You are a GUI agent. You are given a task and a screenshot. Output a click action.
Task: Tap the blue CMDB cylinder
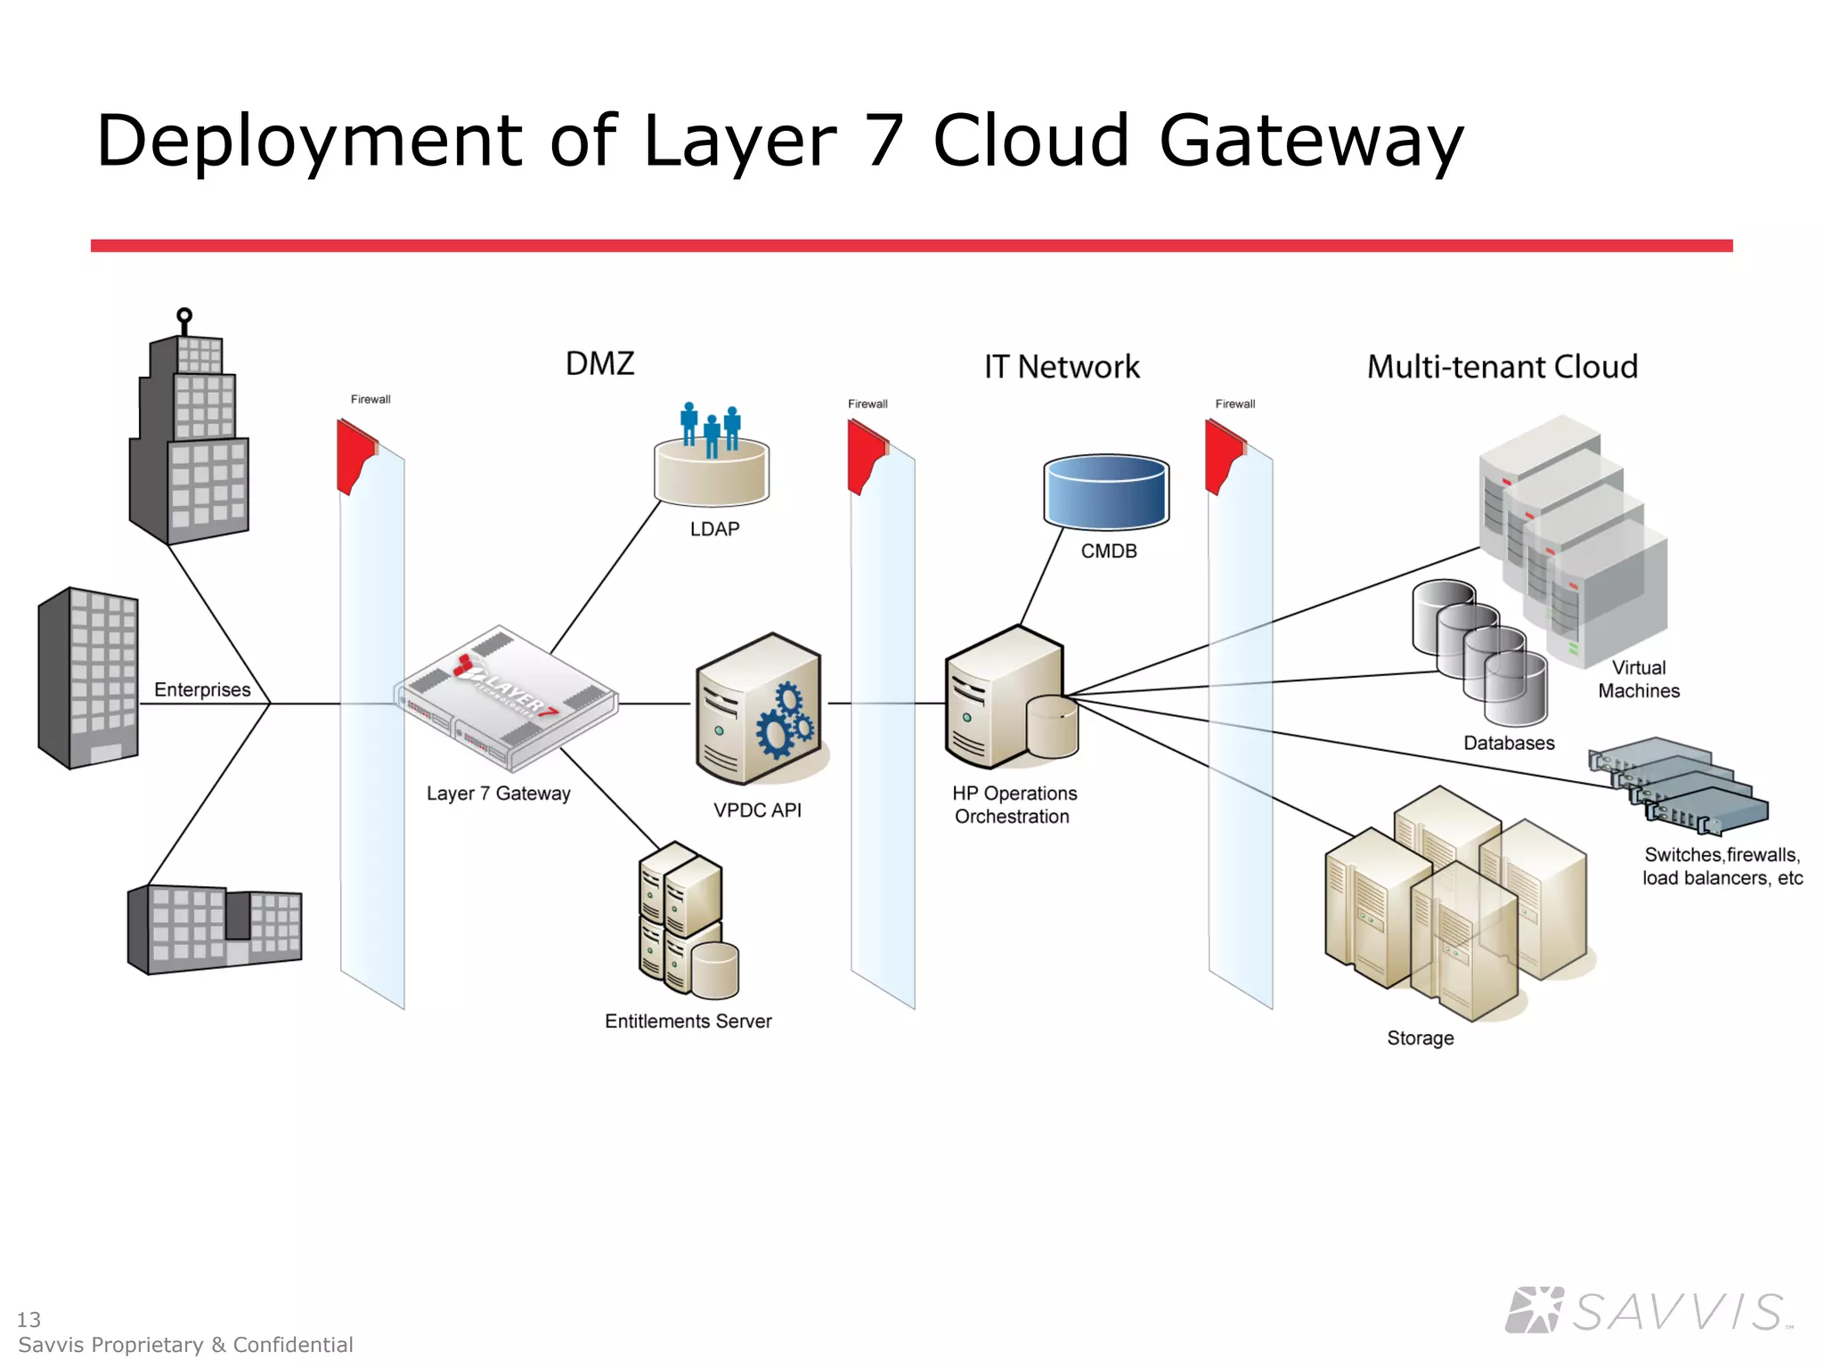pyautogui.click(x=1106, y=493)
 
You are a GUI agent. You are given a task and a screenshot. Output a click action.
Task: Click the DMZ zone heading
pyautogui.click(x=599, y=363)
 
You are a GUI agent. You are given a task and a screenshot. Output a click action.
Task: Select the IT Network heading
pyautogui.click(x=1061, y=367)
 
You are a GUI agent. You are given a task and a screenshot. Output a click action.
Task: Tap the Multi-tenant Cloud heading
pyautogui.click(x=1502, y=367)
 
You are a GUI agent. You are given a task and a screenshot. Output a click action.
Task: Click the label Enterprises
pyautogui.click(x=202, y=690)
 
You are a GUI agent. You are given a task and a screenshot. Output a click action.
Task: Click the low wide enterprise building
pyautogui.click(x=214, y=929)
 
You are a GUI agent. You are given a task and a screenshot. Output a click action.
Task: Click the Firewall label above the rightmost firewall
pyautogui.click(x=1234, y=404)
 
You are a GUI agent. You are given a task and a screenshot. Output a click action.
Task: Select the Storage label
pyautogui.click(x=1420, y=1038)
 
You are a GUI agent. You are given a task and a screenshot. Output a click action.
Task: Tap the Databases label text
pyautogui.click(x=1509, y=744)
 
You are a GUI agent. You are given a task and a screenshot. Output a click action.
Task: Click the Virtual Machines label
pyautogui.click(x=1638, y=680)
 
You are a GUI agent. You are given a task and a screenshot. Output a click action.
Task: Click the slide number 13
pyautogui.click(x=28, y=1319)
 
